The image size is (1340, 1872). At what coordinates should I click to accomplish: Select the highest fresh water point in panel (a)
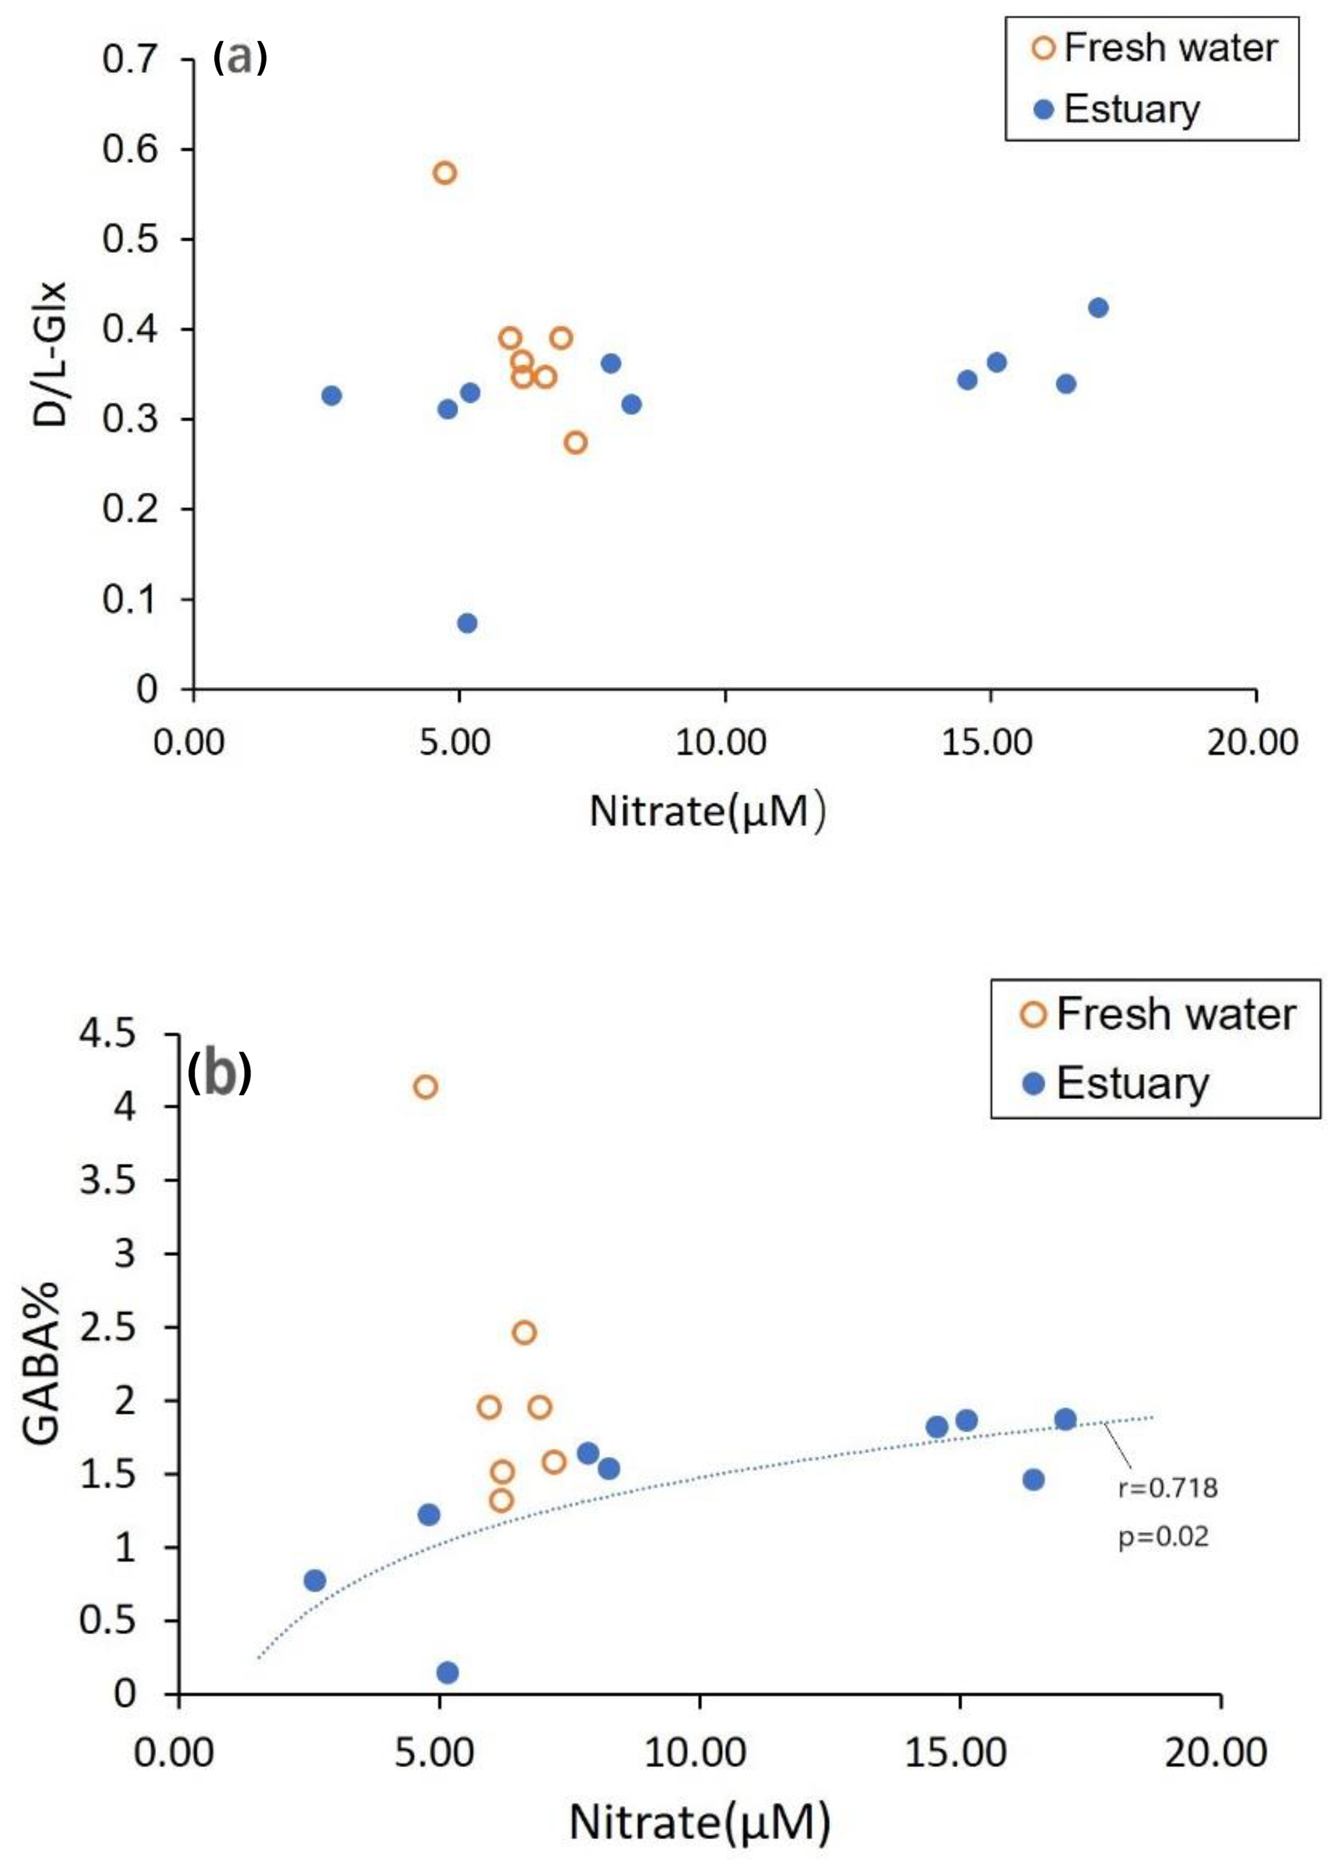pos(445,173)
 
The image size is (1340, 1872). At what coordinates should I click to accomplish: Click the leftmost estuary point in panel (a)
pos(332,396)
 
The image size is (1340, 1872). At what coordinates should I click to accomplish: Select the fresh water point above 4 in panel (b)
pos(425,1087)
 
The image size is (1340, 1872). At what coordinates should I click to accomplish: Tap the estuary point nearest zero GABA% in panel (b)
pos(447,1672)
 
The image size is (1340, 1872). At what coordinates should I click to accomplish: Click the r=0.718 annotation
pos(1168,1487)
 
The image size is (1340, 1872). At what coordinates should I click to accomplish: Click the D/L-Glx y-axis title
pos(51,355)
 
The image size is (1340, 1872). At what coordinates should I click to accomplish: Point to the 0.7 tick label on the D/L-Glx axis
pos(130,60)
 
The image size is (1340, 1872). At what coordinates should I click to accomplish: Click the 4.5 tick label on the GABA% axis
pos(107,1033)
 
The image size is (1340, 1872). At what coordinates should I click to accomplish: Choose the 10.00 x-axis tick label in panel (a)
pos(720,743)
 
